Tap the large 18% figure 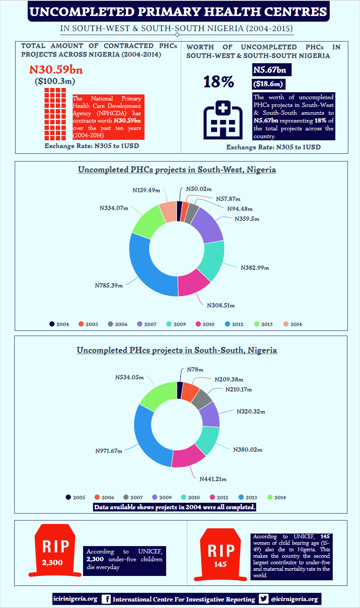point(219,82)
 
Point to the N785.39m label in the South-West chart point(109,285)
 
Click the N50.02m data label point(199,189)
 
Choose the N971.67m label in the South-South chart point(109,451)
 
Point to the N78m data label point(195,369)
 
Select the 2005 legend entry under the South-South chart point(75,498)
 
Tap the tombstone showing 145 point(221,554)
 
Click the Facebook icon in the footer point(106,599)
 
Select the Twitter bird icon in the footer point(264,599)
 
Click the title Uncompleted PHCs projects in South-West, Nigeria point(177,170)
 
